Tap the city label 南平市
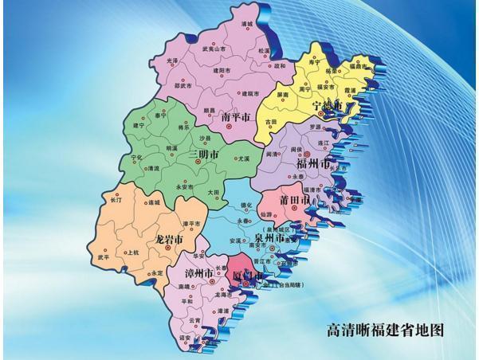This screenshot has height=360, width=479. (x=235, y=117)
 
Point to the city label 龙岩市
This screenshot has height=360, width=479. (x=169, y=238)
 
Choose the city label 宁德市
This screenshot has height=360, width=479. (x=328, y=105)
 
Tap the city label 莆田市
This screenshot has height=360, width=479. (x=294, y=199)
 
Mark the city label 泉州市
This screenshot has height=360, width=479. (x=269, y=237)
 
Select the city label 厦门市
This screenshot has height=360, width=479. (x=247, y=276)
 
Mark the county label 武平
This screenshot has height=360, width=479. (x=104, y=257)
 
